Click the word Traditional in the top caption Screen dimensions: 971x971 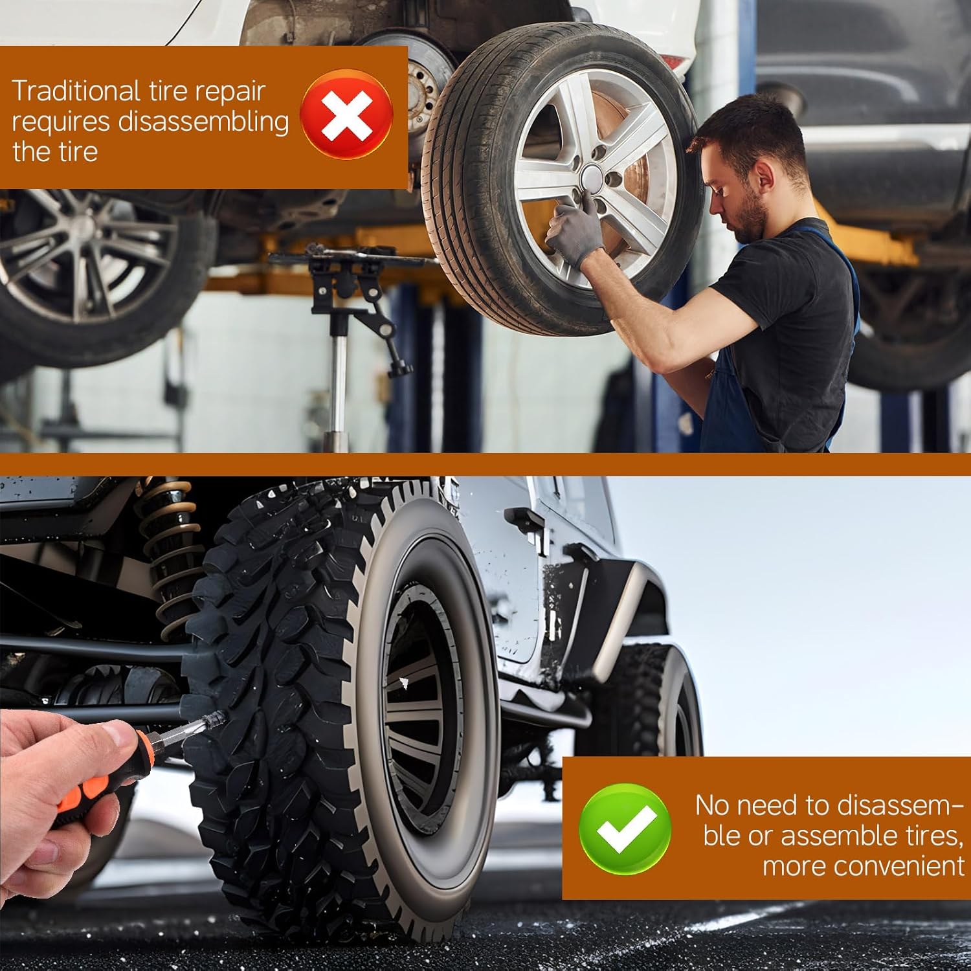coord(75,91)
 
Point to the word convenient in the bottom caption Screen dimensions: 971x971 coord(864,865)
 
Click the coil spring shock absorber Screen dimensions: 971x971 coord(170,557)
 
